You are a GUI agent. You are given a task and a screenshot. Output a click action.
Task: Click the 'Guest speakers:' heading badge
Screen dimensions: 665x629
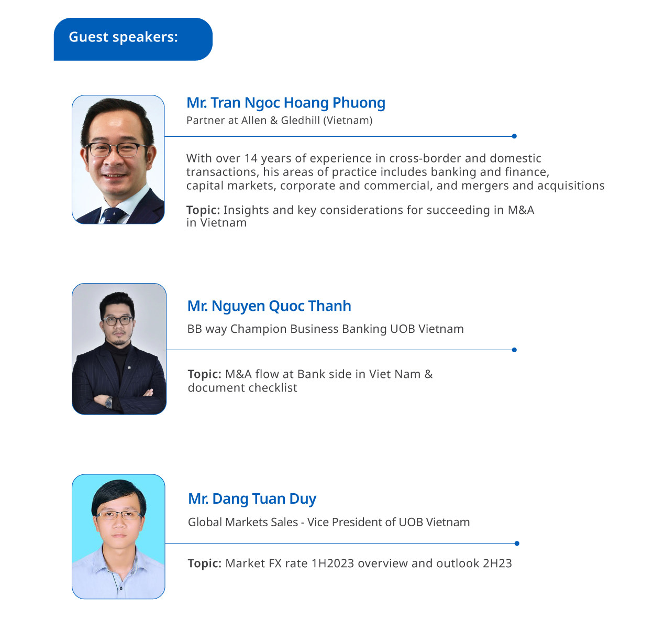pos(133,39)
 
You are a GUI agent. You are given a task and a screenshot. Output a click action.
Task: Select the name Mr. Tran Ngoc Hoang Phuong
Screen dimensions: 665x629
pos(285,103)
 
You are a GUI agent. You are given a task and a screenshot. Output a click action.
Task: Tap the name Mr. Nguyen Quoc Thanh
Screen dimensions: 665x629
pos(269,306)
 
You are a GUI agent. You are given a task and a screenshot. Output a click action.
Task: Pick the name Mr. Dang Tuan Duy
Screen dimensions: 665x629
pos(252,499)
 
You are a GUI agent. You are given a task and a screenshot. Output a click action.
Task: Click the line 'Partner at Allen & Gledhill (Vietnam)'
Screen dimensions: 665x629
pos(279,121)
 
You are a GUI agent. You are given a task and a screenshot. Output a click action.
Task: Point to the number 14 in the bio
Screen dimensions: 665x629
pos(250,158)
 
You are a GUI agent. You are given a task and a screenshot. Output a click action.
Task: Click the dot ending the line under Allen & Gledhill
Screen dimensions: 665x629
pos(514,136)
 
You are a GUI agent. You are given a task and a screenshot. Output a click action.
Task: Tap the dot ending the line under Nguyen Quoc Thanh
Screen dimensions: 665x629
pos(514,350)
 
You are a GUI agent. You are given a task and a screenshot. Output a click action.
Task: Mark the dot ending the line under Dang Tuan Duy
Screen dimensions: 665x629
pos(517,544)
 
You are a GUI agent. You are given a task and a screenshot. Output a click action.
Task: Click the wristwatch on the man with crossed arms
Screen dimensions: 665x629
pos(109,402)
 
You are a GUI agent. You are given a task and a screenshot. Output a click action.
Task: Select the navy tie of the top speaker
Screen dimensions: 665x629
pos(112,215)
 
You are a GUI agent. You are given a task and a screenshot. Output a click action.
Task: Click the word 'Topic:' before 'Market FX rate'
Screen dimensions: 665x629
pos(205,563)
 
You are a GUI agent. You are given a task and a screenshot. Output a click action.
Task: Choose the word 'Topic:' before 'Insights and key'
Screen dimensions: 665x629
pos(203,210)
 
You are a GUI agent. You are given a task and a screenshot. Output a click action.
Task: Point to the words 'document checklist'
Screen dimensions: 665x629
pos(242,388)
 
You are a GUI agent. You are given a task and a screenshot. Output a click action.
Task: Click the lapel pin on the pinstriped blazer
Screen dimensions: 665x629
pos(129,368)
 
